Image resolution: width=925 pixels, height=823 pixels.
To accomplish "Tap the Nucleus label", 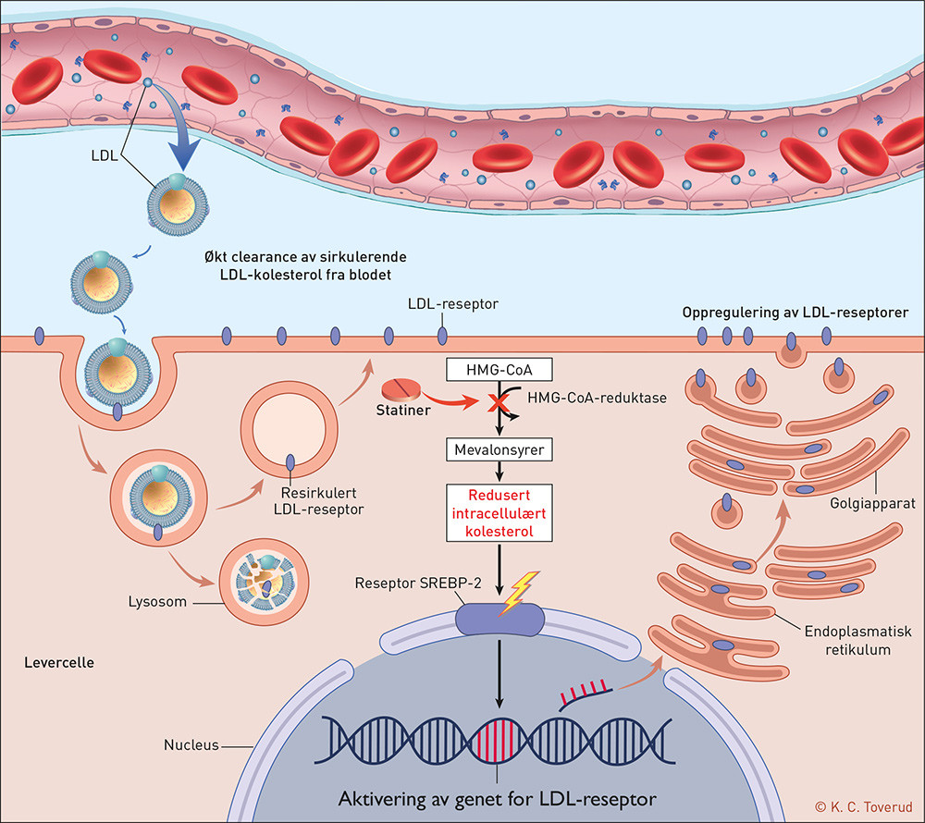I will (x=191, y=743).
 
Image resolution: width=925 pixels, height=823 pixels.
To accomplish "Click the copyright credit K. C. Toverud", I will (x=861, y=806).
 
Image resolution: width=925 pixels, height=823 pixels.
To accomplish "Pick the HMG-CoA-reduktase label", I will (x=579, y=397).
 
